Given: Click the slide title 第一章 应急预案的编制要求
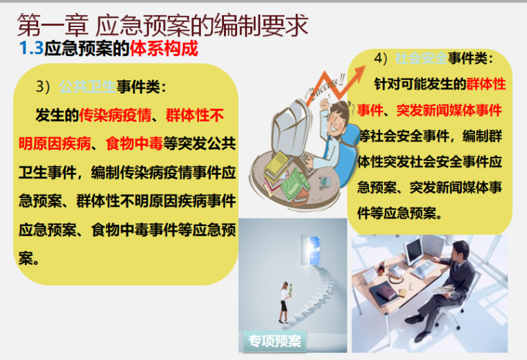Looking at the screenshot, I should (162, 26).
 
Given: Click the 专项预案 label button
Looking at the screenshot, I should (274, 340).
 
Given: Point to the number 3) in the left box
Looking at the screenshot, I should (44, 87).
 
